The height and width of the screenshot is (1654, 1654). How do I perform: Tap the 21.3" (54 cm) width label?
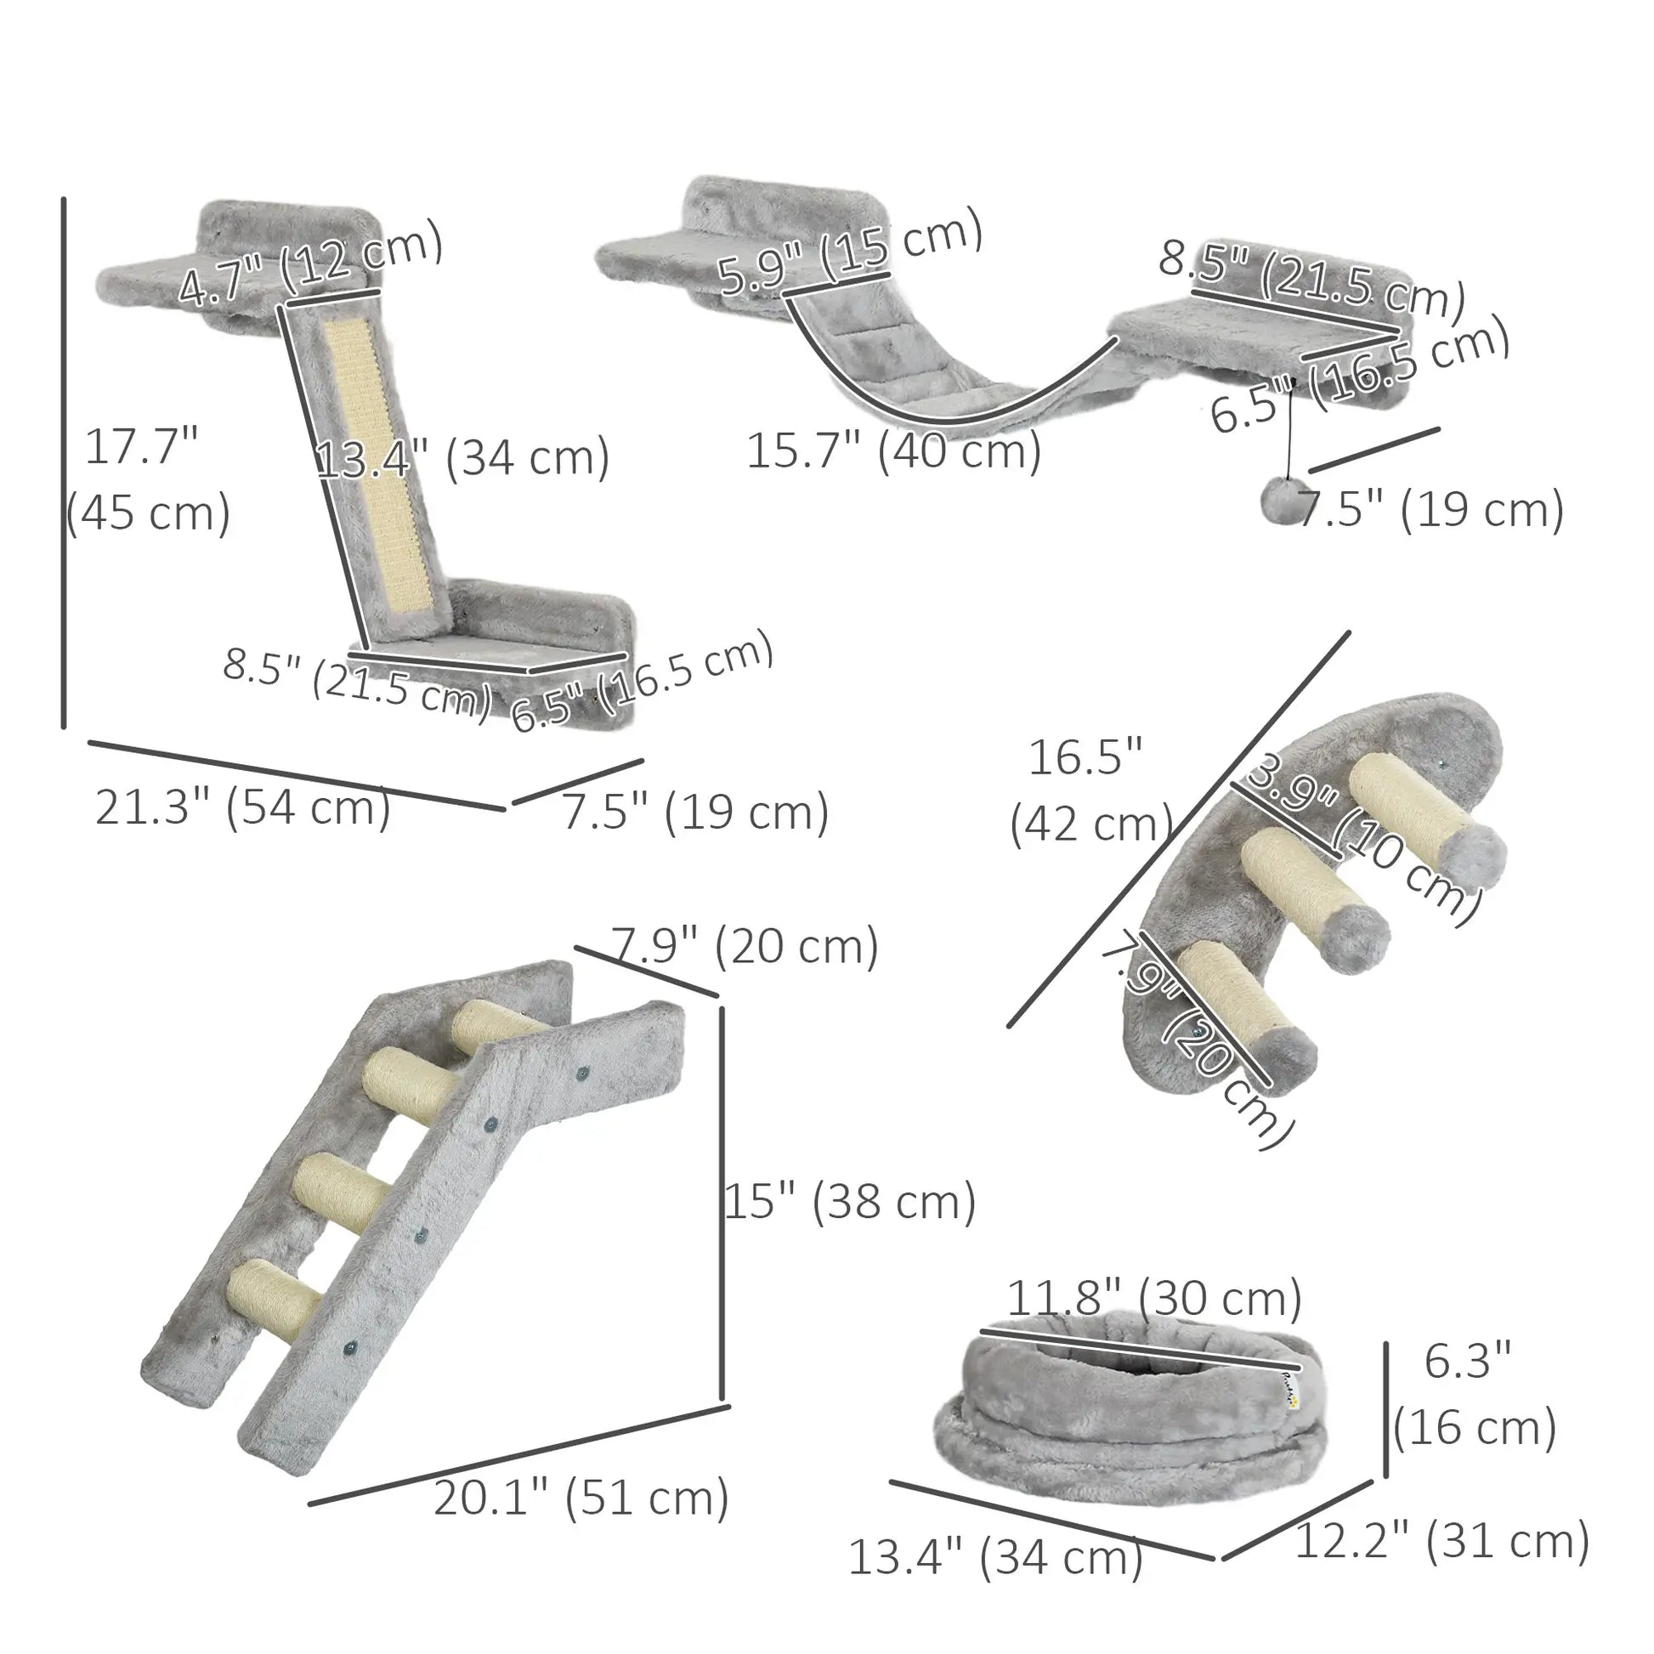click(242, 807)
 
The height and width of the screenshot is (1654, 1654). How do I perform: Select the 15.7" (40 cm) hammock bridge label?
click(893, 451)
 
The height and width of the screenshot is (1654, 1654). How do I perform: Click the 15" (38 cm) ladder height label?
click(849, 1202)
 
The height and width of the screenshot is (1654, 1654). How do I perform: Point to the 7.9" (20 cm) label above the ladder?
click(743, 947)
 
